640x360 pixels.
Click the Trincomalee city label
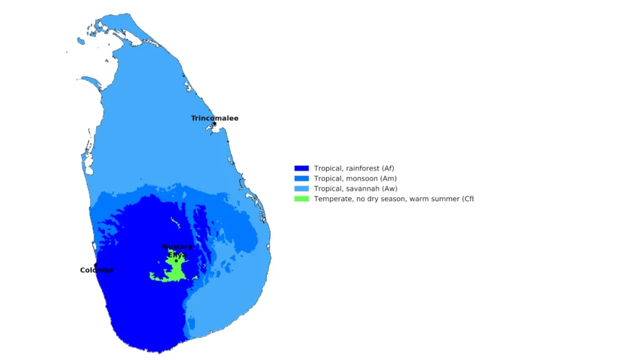point(214,118)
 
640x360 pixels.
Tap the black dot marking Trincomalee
point(214,124)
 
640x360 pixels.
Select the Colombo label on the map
point(97,270)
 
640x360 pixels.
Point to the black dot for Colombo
point(96,265)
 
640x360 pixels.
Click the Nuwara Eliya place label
point(177,251)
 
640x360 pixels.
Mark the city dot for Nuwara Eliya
point(176,261)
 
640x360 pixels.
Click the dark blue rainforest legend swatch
point(302,168)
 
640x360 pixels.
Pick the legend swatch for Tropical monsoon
point(302,178)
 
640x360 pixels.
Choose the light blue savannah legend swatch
point(302,188)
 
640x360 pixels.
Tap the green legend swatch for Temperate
point(302,199)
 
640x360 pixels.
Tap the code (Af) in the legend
point(387,168)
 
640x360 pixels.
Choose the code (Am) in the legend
point(388,178)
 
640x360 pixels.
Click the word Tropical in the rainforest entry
point(327,168)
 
